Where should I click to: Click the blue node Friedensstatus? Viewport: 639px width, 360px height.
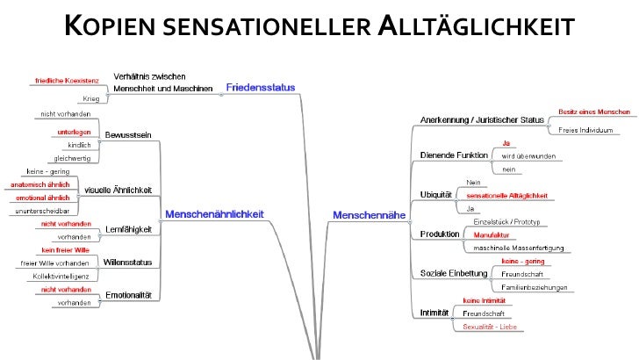click(261, 87)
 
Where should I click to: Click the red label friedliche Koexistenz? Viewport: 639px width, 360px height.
click(68, 81)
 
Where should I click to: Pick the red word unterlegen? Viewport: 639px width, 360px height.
click(75, 131)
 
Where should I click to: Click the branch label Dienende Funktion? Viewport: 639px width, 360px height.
click(453, 155)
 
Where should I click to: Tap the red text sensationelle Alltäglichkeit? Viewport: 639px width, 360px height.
click(506, 195)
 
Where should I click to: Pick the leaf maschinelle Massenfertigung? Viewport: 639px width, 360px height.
click(517, 248)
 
